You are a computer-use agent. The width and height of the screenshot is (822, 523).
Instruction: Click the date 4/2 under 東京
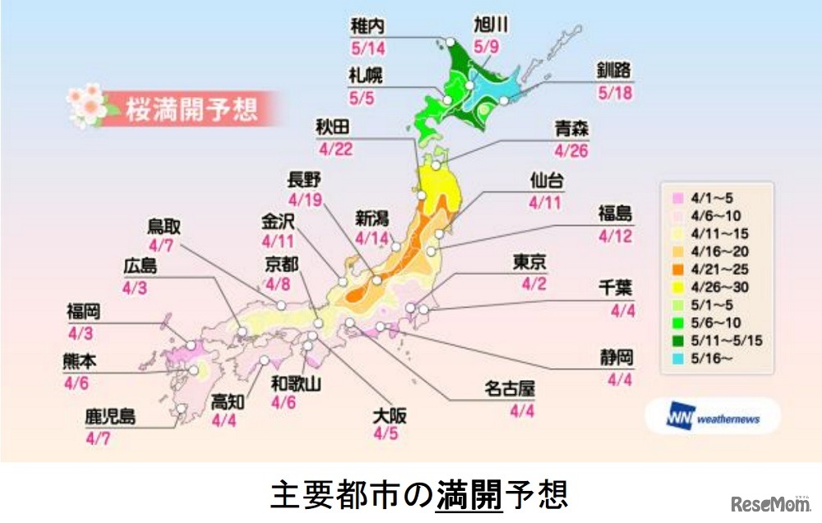(527, 284)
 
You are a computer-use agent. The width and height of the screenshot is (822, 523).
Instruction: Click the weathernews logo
(712, 419)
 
